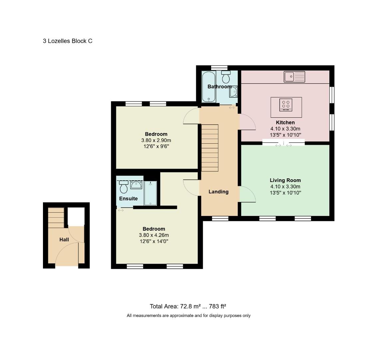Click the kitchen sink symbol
point(294,77)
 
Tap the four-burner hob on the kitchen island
point(286,105)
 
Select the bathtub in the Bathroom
point(209,87)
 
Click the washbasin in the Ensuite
point(136,185)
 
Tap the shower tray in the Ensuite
point(150,193)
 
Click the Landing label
point(218,192)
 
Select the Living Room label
point(285,180)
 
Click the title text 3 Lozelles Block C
point(68,41)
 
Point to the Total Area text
point(188,306)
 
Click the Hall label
point(64,239)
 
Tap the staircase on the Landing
point(210,148)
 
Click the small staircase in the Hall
point(56,217)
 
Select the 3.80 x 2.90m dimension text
point(156,140)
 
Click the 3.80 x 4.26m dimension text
point(154,235)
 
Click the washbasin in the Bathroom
point(233,92)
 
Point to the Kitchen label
point(285,122)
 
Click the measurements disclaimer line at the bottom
point(189,316)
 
